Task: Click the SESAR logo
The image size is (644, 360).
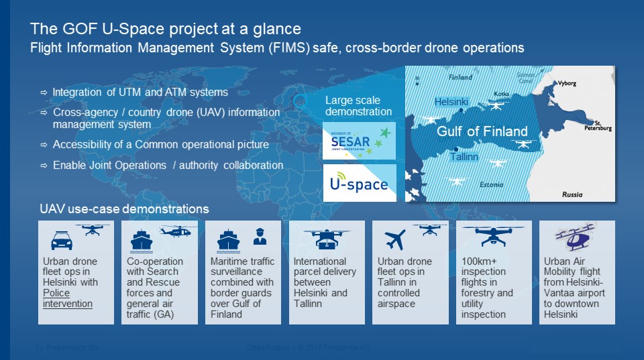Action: point(360,141)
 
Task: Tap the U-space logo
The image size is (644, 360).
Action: point(360,182)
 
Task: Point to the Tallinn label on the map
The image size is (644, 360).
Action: point(464,157)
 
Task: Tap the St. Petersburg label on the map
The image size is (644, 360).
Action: point(598,124)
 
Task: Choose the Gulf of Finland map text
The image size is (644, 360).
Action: point(482,131)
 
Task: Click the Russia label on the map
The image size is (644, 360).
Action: point(572,194)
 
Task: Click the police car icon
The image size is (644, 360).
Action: point(62,241)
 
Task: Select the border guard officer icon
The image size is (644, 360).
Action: point(259,236)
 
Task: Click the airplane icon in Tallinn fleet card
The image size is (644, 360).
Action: point(395,239)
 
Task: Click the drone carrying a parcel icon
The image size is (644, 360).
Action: point(327,239)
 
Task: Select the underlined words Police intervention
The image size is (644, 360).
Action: point(67,298)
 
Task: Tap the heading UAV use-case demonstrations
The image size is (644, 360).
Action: point(123,209)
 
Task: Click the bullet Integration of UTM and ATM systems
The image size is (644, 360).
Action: point(140,92)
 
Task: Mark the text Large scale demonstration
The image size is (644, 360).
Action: point(358,106)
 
